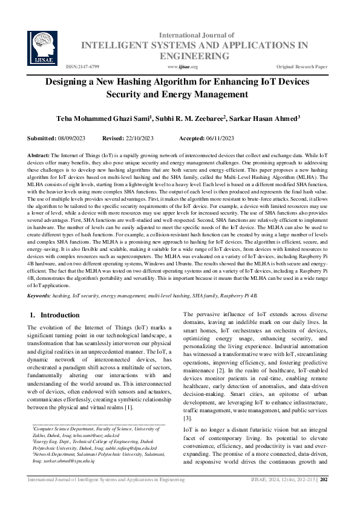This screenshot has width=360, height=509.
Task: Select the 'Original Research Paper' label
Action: click(302, 66)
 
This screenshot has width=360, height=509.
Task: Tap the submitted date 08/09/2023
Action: click(75, 138)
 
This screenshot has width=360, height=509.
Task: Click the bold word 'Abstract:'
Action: click(39, 156)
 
